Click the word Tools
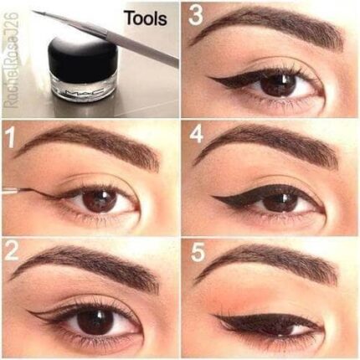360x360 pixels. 145,17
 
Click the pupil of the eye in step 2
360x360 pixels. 94,321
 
